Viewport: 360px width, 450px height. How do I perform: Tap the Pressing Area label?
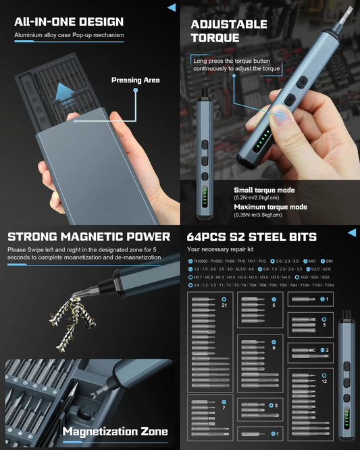135,80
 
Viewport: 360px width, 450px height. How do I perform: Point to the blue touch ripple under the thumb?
280,117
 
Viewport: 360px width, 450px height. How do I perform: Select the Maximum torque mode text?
270,207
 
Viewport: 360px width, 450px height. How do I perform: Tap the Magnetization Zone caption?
115,431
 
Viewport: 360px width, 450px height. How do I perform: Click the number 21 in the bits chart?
225,305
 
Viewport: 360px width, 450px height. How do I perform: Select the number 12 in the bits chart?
325,381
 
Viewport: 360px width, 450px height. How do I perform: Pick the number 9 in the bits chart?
274,348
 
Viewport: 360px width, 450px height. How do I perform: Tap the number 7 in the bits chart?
224,408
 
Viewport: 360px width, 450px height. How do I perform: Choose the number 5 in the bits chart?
274,305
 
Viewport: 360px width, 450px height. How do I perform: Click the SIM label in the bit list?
329,261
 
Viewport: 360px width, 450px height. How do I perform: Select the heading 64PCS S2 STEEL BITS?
251,237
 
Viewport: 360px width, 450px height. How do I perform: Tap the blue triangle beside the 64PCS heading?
352,232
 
